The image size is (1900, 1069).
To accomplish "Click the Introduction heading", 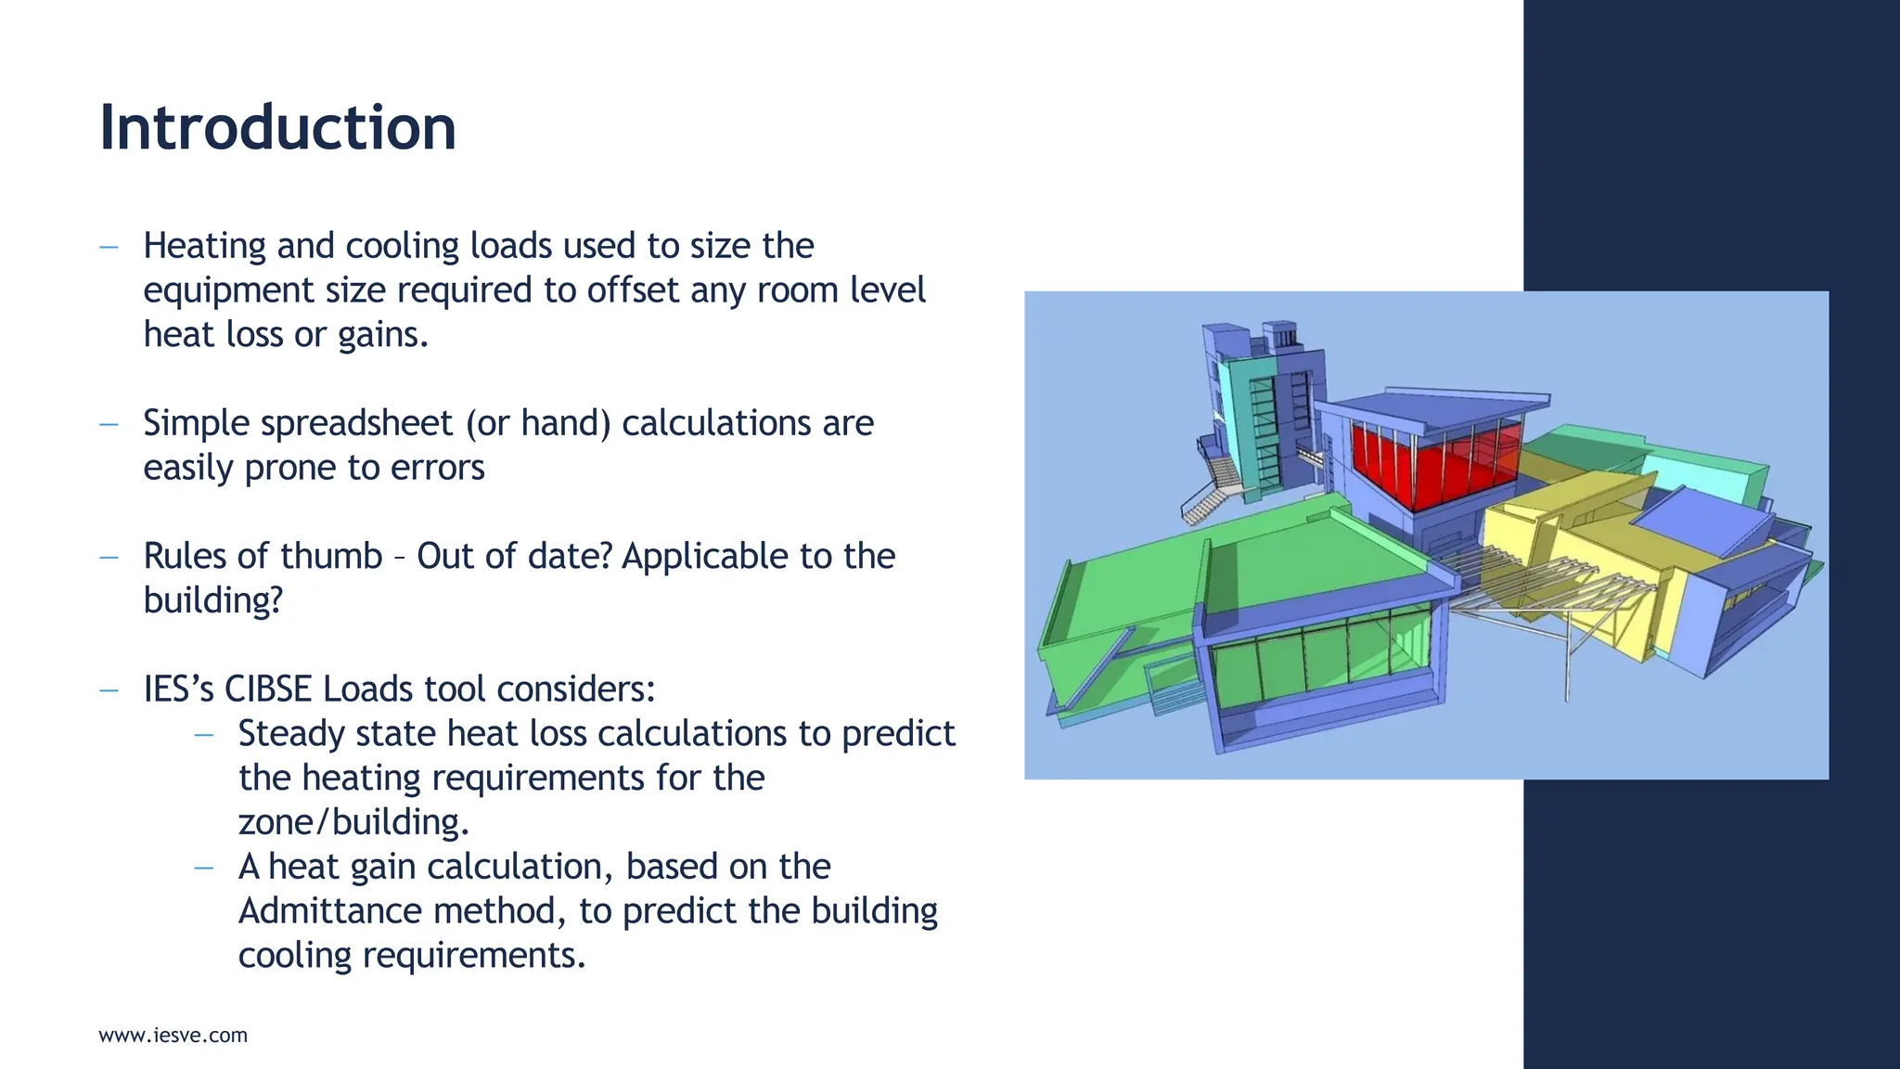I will click(277, 127).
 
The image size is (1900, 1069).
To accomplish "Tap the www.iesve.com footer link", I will click(173, 1036).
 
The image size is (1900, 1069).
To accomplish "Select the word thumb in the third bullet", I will click(331, 556).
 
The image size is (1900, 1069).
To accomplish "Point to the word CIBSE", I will click(268, 689).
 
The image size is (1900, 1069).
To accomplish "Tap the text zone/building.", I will click(353, 822).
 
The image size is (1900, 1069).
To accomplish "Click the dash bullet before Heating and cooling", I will click(109, 247).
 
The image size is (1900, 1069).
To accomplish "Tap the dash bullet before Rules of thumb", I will click(109, 558).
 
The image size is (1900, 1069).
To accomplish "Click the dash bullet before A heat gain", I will click(204, 868).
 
